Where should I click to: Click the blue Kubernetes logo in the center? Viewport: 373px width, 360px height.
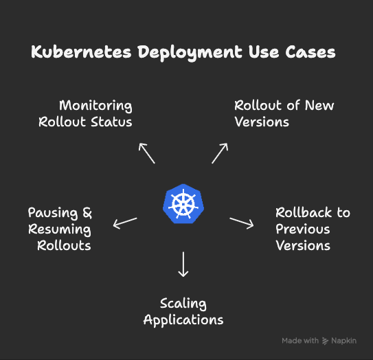pyautogui.click(x=183, y=203)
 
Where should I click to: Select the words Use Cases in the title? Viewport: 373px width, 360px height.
pyautogui.click(x=297, y=53)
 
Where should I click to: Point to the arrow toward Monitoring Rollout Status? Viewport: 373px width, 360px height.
pyautogui.click(x=146, y=153)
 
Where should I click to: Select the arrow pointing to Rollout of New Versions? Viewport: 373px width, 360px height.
pyautogui.click(x=220, y=153)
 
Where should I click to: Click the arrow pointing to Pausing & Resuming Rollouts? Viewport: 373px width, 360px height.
pyautogui.click(x=125, y=223)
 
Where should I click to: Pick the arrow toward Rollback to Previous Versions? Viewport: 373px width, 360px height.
pyautogui.click(x=242, y=223)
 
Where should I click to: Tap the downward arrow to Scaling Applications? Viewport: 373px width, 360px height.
pyautogui.click(x=183, y=265)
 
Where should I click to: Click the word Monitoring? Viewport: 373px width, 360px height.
pyautogui.click(x=95, y=106)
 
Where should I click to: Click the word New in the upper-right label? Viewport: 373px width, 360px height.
pyautogui.click(x=319, y=106)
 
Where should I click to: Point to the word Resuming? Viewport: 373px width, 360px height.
pyautogui.click(x=60, y=229)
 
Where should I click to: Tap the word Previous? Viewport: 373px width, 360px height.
pyautogui.click(x=303, y=229)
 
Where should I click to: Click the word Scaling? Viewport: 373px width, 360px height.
pyautogui.click(x=183, y=304)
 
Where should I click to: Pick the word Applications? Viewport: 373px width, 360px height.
pyautogui.click(x=183, y=320)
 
